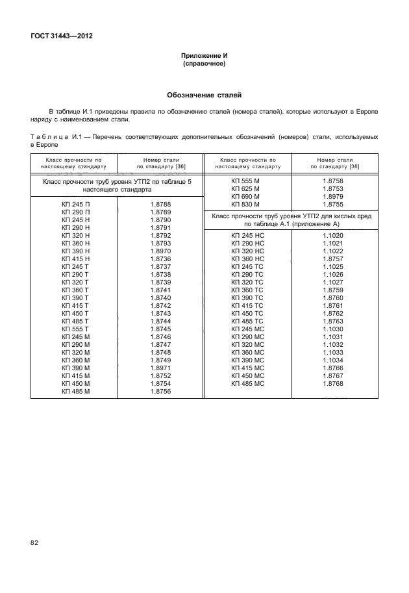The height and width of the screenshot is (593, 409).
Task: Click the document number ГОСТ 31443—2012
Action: pos(62,36)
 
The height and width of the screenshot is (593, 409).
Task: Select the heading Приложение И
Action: pos(204,57)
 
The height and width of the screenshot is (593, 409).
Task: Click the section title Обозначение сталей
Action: pos(204,95)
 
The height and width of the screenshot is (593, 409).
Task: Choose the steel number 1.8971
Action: pos(160,368)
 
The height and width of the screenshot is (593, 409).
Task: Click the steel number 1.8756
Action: pos(160,392)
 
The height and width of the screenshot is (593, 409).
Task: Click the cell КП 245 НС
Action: pos(247,236)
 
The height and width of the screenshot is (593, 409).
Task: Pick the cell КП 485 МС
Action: pos(247,384)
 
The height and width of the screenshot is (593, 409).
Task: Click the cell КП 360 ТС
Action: pos(247,290)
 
